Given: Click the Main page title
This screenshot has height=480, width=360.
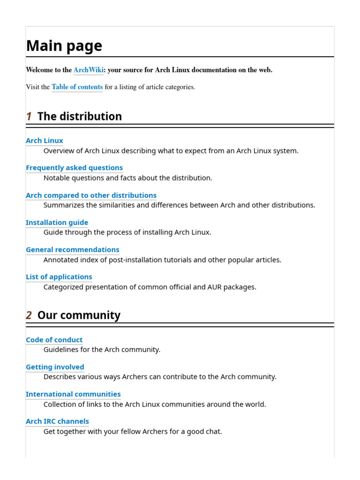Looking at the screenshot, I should pos(64,46).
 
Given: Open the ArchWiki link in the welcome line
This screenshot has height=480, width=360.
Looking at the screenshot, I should pos(88,70).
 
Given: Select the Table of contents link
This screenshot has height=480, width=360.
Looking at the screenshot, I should pos(77,87).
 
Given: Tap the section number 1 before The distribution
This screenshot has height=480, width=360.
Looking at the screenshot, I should pos(29,116).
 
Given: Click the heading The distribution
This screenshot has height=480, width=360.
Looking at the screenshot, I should pos(79,116).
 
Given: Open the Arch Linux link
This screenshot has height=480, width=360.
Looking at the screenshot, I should pos(45,141).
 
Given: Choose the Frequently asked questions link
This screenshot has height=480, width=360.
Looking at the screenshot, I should pos(74,168).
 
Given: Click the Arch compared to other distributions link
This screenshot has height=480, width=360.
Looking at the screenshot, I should pos(91,195).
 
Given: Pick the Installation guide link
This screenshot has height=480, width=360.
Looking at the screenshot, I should pos(57,222).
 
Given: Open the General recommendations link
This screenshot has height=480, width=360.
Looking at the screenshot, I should pos(72,249).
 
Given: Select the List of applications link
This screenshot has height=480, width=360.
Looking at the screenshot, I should pos(59,277).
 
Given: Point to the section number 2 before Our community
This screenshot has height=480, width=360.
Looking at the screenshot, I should pos(29,315).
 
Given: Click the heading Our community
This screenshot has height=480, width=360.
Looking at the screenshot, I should pos(79,315).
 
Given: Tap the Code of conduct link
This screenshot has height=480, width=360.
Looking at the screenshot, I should pos(54,340).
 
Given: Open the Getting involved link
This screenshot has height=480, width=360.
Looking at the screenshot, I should pos(55,367).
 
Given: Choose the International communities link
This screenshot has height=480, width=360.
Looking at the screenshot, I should pos(73,394).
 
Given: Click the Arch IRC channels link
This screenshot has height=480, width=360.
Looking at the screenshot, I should pos(57,421).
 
